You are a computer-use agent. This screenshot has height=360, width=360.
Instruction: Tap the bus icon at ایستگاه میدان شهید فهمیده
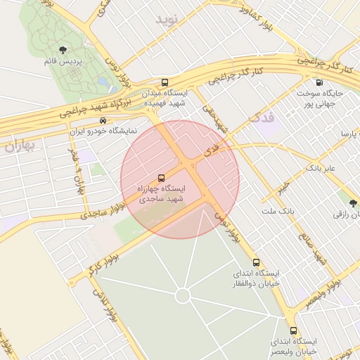pos(165,82)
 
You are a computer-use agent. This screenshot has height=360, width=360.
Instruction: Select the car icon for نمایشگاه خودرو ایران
pos(103,120)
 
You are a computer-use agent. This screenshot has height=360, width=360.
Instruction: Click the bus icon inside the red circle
pos(162,178)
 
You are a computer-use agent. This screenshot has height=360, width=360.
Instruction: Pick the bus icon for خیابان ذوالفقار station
pos(256,262)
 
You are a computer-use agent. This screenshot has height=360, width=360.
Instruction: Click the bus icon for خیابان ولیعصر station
pos(294,330)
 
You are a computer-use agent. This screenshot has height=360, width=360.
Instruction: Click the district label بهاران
pos(15,146)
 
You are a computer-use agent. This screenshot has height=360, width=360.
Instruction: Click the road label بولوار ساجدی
pos(91,212)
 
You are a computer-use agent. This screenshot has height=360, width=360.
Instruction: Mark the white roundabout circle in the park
pos(183,296)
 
